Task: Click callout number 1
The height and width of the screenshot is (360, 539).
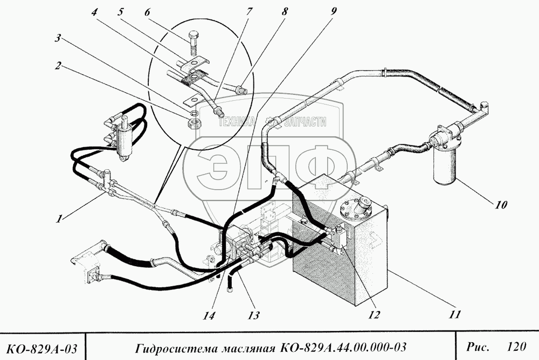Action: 61,219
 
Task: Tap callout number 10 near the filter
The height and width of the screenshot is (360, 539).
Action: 501,205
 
